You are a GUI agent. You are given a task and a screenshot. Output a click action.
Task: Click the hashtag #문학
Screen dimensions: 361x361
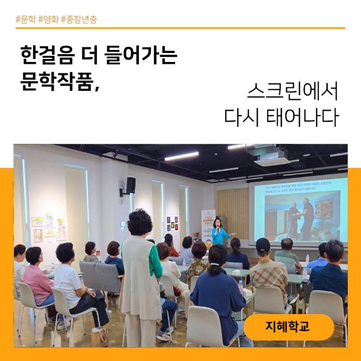click(x=26, y=19)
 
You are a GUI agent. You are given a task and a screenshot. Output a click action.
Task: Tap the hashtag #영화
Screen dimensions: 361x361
click(x=48, y=19)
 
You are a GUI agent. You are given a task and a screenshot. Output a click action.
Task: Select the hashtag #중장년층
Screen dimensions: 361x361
click(x=79, y=19)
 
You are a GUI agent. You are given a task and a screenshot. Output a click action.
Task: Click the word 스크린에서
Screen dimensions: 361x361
click(x=292, y=91)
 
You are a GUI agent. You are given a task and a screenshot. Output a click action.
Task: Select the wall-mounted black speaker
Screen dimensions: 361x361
click(x=131, y=185)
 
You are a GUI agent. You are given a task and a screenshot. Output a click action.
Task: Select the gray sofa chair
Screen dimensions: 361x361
click(x=100, y=276)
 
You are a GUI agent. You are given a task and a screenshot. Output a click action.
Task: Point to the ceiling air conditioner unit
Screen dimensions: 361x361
click(x=276, y=158)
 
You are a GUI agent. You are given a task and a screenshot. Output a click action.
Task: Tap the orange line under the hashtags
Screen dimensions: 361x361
click(x=180, y=28)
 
